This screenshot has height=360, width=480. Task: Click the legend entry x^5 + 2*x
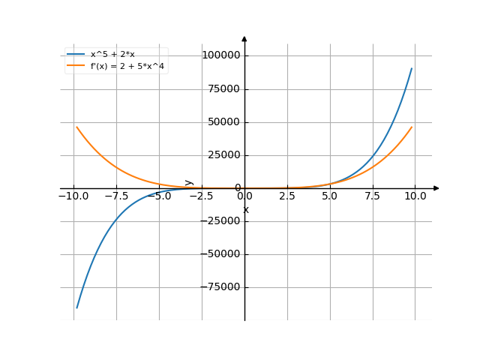click(112, 54)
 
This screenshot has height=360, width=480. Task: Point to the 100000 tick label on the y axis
click(220, 55)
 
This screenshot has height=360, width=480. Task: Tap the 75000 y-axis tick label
click(223, 89)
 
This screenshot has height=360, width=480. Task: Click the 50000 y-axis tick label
click(223, 122)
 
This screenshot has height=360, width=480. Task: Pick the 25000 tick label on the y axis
click(223, 155)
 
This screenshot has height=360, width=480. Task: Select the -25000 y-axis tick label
click(221, 221)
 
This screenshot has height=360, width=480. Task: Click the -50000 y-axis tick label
click(221, 254)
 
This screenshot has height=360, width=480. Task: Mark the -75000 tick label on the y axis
click(221, 287)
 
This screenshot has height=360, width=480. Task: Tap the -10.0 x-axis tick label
click(73, 196)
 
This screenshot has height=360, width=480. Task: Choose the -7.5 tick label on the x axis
click(116, 196)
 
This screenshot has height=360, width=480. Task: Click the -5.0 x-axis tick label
click(159, 196)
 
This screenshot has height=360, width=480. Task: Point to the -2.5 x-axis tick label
click(202, 196)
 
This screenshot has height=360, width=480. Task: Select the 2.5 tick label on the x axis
click(287, 196)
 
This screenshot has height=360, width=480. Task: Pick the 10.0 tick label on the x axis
click(415, 196)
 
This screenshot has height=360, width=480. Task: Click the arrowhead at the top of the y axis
click(244, 38)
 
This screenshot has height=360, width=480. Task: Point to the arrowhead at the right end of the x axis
click(436, 188)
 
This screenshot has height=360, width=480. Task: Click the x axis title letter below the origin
click(246, 210)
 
